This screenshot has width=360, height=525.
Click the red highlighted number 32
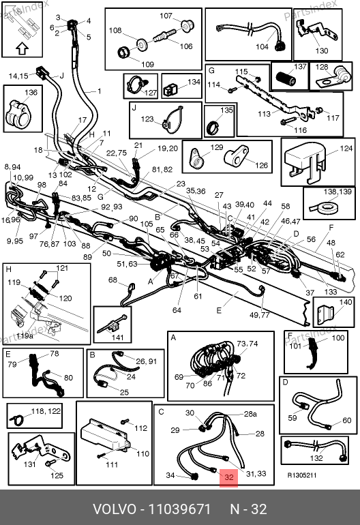coord(228,477)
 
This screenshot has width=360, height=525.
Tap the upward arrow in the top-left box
coord(22,48)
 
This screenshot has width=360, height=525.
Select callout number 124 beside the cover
coord(346,149)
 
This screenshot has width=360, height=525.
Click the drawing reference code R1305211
coord(302,475)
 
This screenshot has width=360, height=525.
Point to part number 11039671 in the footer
coord(179,509)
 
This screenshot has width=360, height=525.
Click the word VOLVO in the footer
coord(115,509)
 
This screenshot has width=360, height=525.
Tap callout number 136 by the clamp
coord(31,92)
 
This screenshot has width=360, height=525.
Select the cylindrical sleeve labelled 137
coord(286,78)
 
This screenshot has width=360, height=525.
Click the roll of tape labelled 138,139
coord(323,209)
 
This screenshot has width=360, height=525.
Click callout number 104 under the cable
coord(262,46)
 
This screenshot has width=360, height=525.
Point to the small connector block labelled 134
coord(170,90)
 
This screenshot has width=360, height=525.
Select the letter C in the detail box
coord(161,411)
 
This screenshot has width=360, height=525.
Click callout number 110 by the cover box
coord(142,453)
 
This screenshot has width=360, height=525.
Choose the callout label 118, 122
coord(46,411)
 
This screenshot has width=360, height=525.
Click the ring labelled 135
coord(213,127)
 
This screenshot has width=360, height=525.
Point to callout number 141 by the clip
coord(117,337)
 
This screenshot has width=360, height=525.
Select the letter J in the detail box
coord(134,108)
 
